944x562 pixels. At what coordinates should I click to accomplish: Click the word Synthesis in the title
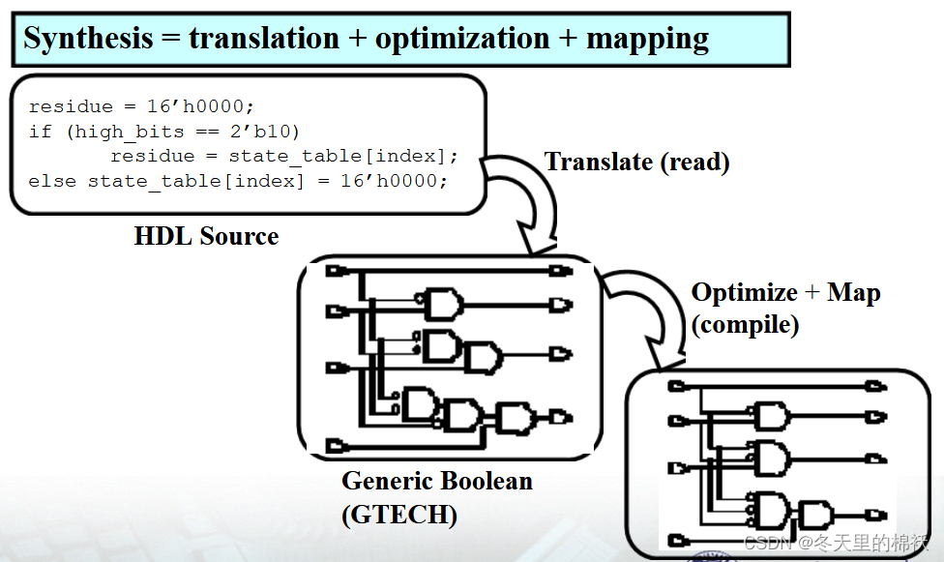[x=88, y=39]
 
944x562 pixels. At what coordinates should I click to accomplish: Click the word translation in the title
[x=264, y=39]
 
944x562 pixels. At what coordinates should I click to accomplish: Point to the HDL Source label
[x=206, y=236]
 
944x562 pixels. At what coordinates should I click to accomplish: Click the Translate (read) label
[x=636, y=162]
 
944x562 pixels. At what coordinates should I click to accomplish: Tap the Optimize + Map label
[x=785, y=293]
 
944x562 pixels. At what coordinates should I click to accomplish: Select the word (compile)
[x=745, y=324]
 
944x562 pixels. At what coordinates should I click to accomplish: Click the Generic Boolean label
[x=436, y=481]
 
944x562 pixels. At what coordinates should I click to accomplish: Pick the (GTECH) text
[x=398, y=515]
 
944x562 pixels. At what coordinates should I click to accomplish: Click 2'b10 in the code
[x=270, y=131]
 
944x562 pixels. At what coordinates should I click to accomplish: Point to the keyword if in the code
[x=40, y=131]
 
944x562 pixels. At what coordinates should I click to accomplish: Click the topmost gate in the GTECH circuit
[x=440, y=305]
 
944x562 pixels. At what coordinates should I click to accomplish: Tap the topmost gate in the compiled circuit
[x=771, y=417]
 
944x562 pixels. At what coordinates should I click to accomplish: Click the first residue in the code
[x=70, y=106]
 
